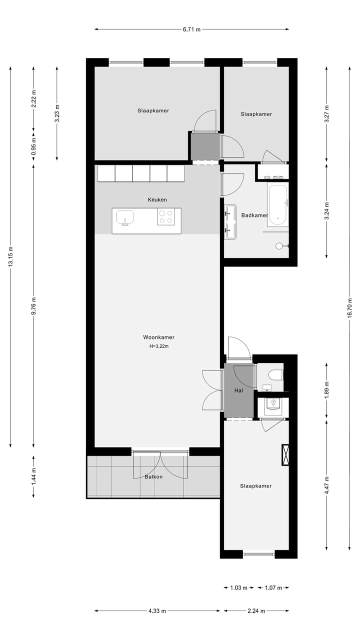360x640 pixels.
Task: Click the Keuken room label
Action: pyautogui.click(x=157, y=199)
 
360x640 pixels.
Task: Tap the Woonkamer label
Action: pyautogui.click(x=158, y=337)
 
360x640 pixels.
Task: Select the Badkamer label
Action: pyautogui.click(x=254, y=215)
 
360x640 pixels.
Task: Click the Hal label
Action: pyautogui.click(x=238, y=390)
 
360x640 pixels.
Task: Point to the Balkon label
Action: pyautogui.click(x=153, y=476)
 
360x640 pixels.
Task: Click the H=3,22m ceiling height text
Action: pyautogui.click(x=158, y=346)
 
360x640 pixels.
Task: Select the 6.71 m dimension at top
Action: pyautogui.click(x=191, y=29)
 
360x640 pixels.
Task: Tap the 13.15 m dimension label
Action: pyautogui.click(x=10, y=256)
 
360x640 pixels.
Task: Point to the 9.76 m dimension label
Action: pyautogui.click(x=33, y=304)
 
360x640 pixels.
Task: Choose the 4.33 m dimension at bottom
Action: pyautogui.click(x=157, y=610)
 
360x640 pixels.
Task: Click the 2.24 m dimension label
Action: pyautogui.click(x=256, y=610)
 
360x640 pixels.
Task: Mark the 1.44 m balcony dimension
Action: pyautogui.click(x=33, y=476)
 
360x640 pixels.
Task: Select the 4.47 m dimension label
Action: pyautogui.click(x=326, y=484)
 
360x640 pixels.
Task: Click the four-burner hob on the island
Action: pyautogui.click(x=166, y=216)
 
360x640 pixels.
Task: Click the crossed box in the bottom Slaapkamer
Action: pyautogui.click(x=285, y=455)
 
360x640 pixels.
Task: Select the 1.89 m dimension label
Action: pyautogui.click(x=326, y=390)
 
